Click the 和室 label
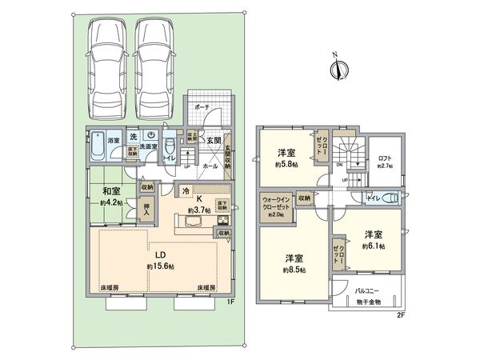111,190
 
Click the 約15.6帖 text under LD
161,266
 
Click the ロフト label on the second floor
386,158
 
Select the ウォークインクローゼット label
274,205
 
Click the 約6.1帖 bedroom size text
374,246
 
